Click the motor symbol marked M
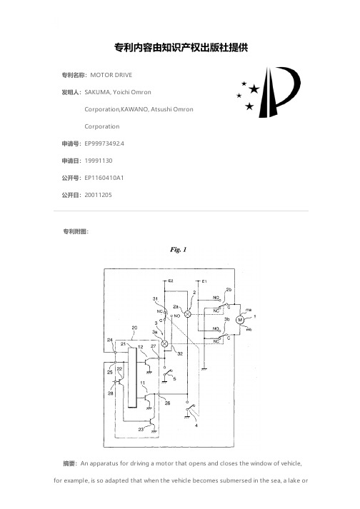pos(240,320)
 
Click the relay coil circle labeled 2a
pos(187,314)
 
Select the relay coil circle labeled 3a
pos(165,344)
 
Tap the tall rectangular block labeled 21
pos(132,378)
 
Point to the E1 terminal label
pos(204,281)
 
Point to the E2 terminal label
pos(171,281)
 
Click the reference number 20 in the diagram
pos(134,328)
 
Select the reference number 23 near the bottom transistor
pos(141,429)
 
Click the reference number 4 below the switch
pos(196,425)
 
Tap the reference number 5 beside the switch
pos(174,378)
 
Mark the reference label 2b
pos(229,290)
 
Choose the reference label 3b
pos(227,319)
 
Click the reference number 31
pos(155,298)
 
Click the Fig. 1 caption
pos(179,249)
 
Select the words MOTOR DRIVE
pos(111,75)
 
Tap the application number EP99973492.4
pos(104,143)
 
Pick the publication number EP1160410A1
pos(104,178)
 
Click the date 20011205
pos(98,195)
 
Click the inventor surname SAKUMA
pos(97,92)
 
